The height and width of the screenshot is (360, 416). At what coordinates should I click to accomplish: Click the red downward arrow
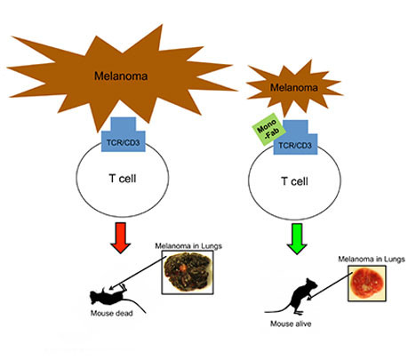120,237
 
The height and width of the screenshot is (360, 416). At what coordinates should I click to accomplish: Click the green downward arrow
297,239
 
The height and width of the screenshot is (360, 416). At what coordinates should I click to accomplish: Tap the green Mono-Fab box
268,130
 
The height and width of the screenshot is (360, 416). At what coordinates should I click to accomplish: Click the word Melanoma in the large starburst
121,76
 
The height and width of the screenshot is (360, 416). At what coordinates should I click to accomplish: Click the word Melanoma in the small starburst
294,88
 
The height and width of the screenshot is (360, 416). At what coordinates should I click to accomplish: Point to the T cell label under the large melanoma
123,179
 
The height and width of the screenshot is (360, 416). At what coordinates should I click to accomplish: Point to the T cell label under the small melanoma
294,181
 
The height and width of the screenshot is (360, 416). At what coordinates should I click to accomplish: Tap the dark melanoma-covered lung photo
188,272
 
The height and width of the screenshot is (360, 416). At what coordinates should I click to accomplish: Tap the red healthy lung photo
367,284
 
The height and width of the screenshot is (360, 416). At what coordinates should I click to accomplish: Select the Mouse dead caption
112,313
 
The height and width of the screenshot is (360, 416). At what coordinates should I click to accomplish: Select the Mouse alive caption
291,324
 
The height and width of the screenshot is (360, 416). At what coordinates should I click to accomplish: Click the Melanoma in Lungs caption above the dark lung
188,246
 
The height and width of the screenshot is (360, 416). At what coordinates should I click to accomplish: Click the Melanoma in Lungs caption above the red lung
372,260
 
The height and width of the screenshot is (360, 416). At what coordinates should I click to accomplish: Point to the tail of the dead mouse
135,304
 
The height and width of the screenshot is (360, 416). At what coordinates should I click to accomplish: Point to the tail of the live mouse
278,310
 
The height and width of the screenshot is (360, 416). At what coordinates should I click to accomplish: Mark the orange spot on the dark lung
183,268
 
